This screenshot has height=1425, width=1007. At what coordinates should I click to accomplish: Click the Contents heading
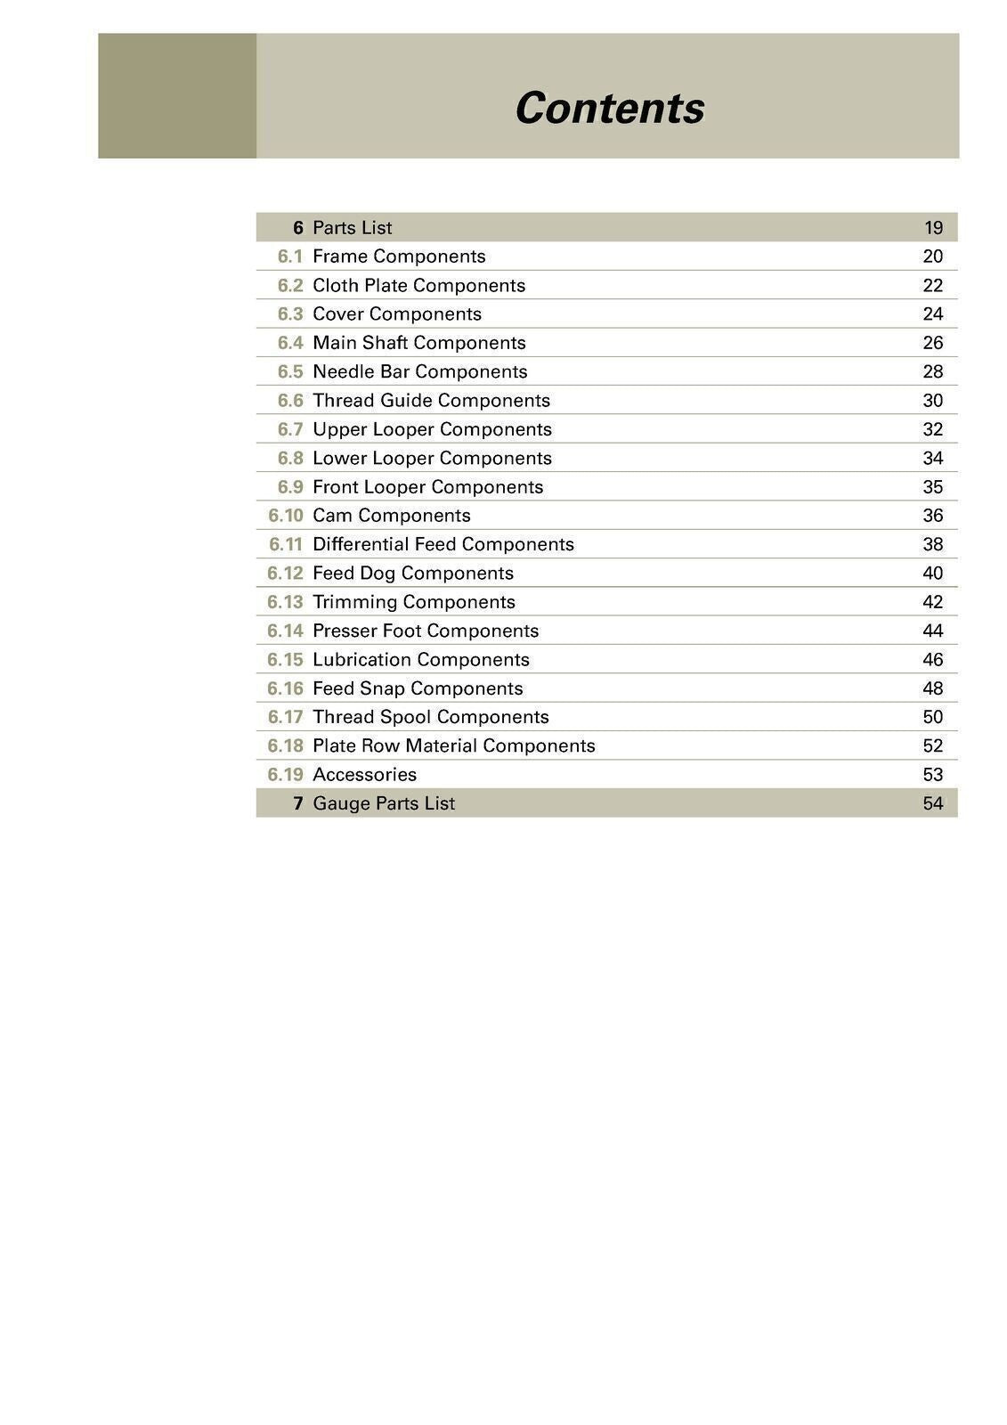[609, 109]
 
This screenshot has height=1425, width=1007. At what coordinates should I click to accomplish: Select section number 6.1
[290, 256]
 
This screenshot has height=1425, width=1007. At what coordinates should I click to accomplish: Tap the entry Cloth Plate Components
[418, 286]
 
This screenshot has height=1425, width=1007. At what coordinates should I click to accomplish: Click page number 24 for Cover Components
[932, 314]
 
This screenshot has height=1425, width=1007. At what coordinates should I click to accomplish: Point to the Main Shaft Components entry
[418, 343]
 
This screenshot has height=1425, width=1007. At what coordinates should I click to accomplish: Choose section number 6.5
[290, 371]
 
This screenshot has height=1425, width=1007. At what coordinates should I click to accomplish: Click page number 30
[932, 401]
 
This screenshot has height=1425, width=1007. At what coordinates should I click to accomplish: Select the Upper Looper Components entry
[432, 429]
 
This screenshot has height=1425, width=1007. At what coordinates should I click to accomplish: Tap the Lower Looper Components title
[432, 458]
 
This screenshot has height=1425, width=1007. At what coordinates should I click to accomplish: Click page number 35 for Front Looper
[932, 487]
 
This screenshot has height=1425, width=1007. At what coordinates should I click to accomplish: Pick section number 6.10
[286, 516]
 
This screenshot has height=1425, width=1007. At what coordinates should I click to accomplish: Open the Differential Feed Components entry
[443, 544]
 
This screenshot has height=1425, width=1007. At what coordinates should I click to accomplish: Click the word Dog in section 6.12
[378, 574]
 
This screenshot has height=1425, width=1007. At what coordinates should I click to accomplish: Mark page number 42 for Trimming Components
[932, 602]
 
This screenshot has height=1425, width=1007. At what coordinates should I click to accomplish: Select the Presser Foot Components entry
[426, 631]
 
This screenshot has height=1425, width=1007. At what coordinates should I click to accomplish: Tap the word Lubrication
[361, 660]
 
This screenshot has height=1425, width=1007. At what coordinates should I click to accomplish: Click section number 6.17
[286, 717]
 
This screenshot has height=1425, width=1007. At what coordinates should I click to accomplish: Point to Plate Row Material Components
[453, 746]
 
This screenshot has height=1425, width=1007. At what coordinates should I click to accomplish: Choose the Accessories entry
[364, 775]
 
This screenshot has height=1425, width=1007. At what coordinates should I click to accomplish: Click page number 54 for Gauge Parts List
[932, 803]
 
